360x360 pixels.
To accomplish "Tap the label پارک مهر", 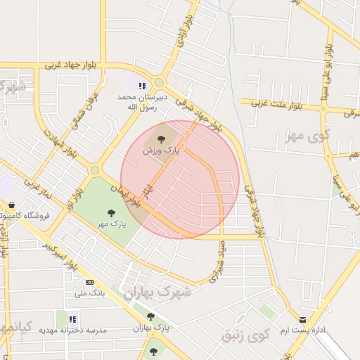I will point(112,224).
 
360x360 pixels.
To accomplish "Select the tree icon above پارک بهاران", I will point(150,316).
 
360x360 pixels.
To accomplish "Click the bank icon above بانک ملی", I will point(89,282).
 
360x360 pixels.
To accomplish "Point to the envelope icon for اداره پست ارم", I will point(303,319).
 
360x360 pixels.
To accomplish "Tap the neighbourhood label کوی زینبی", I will point(246,335).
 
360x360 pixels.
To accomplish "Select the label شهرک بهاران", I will point(157,293).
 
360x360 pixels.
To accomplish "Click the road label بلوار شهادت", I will point(59,141).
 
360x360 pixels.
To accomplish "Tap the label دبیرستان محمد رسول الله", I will point(134,102).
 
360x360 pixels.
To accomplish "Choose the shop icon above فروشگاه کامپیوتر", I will point(12,205).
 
